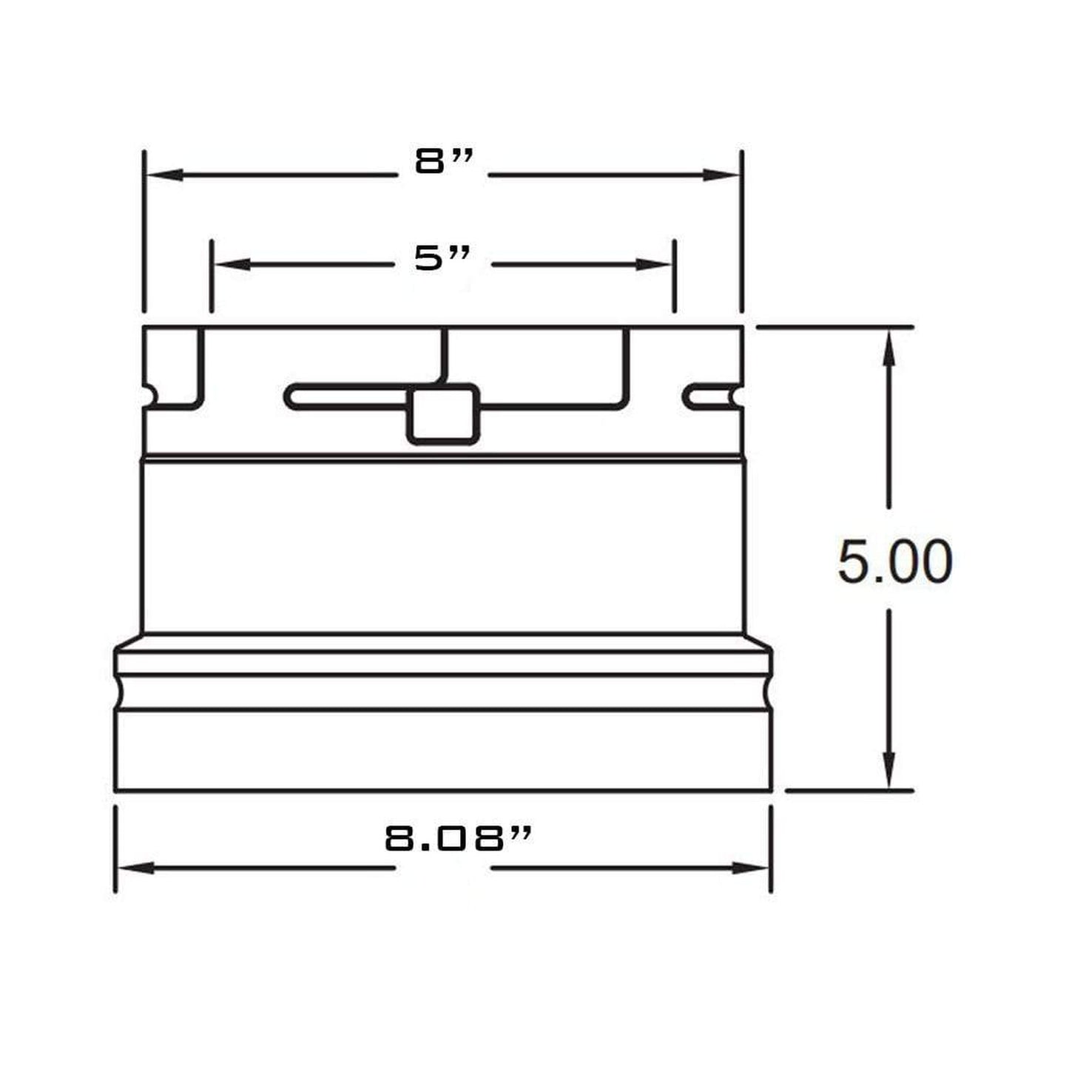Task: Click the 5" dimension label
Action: coord(442,258)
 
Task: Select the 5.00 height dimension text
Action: coord(894,562)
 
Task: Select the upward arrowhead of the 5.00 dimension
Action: coord(888,347)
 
